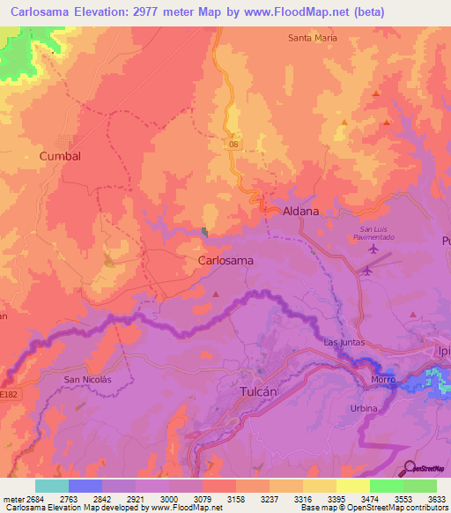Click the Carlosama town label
226,261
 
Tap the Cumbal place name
60,156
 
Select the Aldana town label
300,212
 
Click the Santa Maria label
313,38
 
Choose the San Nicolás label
89,379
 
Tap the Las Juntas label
344,342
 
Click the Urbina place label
363,408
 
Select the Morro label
382,380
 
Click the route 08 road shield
233,144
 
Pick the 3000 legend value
167,500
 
